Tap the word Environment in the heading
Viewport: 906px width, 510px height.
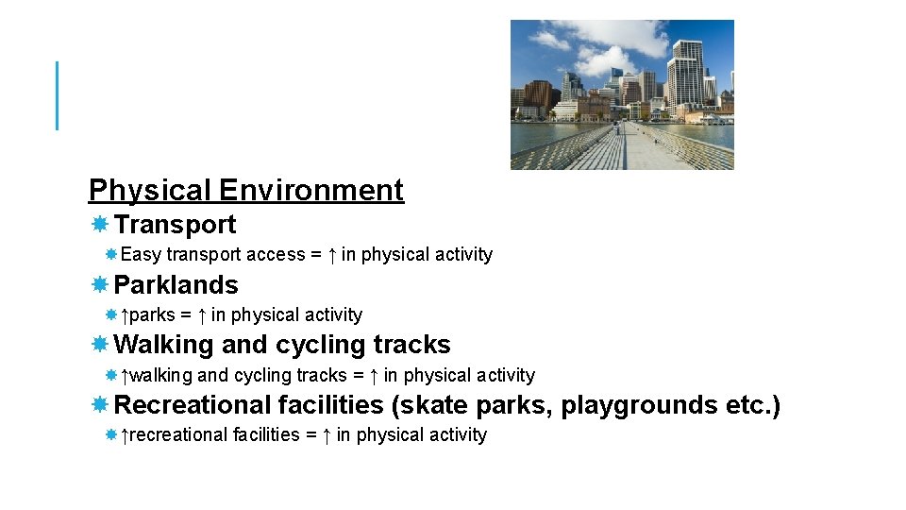(311, 191)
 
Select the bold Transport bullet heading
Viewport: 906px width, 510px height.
(175, 225)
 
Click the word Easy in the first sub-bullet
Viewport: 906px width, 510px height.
(141, 255)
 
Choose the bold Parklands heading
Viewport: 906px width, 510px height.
(176, 285)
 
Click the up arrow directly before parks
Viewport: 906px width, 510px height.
(126, 315)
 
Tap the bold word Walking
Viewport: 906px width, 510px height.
(164, 345)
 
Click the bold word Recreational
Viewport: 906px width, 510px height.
(193, 405)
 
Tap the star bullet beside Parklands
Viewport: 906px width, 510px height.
(99, 285)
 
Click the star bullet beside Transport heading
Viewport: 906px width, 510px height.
(99, 225)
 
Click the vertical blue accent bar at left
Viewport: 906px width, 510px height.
(58, 95)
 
